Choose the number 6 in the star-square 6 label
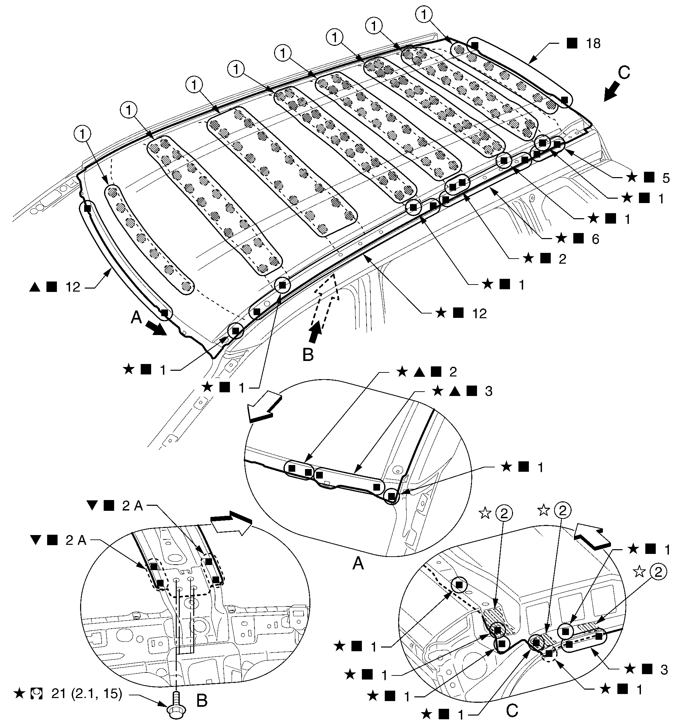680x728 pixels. pos(596,239)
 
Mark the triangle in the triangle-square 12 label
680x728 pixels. pos(35,287)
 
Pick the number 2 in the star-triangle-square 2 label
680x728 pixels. pos(453,372)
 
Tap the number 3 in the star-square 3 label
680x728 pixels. pos(664,670)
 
